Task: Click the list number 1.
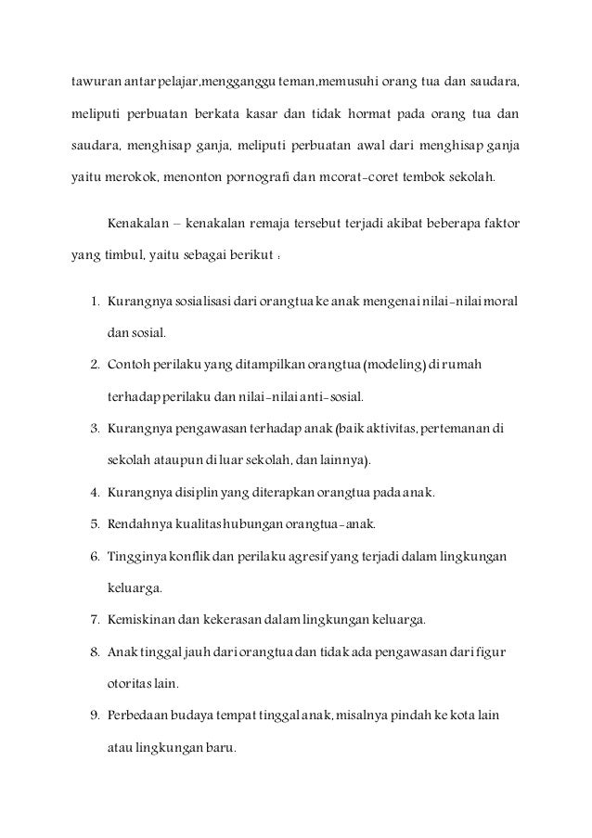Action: pos(95,303)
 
